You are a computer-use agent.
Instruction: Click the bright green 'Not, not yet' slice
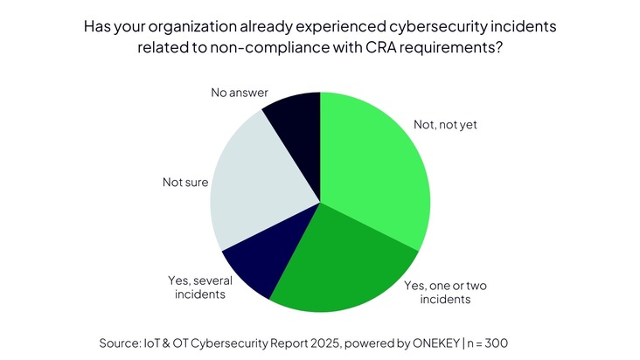[376, 166]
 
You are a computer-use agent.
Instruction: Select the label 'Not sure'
[184, 183]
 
